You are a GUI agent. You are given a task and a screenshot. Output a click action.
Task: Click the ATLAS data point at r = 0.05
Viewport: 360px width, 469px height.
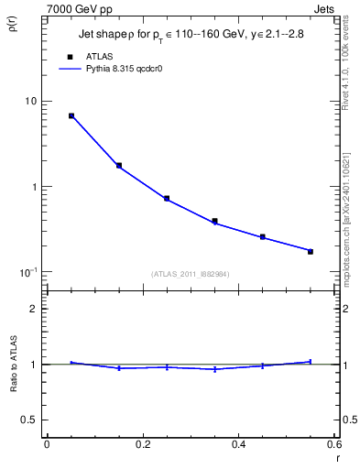coord(71,116)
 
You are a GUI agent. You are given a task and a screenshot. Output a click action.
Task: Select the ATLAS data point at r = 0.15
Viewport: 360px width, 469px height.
coord(119,166)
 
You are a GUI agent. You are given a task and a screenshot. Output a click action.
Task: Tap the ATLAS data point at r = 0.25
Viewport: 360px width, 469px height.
coord(167,198)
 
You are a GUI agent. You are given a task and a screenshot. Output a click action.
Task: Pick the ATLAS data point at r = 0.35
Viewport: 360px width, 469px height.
coord(214,221)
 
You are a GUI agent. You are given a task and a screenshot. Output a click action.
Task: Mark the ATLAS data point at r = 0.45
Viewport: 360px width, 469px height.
coord(263,236)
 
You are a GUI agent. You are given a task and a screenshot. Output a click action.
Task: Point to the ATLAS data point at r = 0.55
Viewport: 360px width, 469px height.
coord(311,251)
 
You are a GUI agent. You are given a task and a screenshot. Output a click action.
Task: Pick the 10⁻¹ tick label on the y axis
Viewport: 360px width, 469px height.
coord(28,272)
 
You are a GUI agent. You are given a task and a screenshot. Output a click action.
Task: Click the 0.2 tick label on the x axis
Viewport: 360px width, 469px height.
coord(142,444)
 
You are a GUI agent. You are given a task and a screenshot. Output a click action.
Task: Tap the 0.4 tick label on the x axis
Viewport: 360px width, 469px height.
coord(238,444)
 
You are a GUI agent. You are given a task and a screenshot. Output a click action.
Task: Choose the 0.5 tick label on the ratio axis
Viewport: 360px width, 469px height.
coord(31,420)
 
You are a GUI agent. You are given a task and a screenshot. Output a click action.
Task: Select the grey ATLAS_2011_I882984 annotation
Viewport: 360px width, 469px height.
coord(191,274)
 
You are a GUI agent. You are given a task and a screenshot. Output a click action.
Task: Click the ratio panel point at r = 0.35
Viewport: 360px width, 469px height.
coord(214,369)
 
